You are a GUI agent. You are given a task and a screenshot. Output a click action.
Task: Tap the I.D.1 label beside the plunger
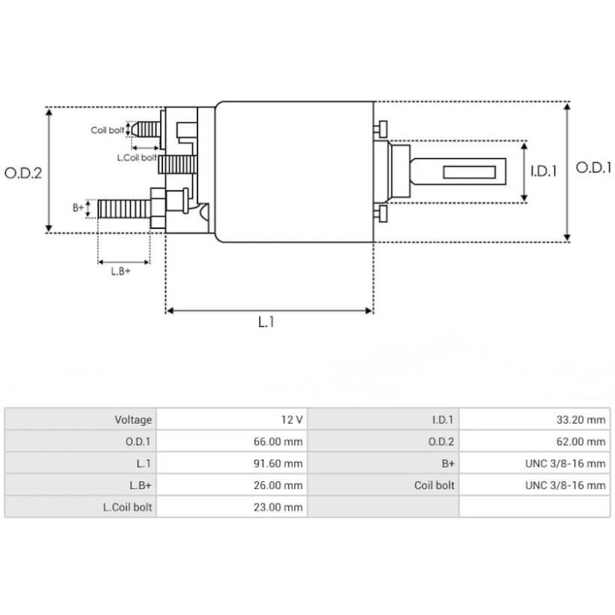(544, 171)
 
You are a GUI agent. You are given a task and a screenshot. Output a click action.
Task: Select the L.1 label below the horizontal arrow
(266, 323)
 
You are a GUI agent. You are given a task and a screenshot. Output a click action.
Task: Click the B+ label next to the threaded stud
(78, 208)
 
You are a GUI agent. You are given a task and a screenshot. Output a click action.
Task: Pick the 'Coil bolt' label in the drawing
(107, 131)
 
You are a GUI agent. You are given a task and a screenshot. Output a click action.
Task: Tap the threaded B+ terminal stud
(123, 208)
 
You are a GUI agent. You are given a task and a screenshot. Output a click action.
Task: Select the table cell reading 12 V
(292, 420)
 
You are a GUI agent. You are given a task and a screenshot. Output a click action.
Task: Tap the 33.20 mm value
(581, 420)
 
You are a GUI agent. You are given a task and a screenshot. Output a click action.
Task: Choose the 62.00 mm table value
(581, 442)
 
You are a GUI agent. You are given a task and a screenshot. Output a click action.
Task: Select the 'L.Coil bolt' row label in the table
(128, 507)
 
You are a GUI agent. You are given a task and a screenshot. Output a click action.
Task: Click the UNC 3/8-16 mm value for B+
(565, 464)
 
